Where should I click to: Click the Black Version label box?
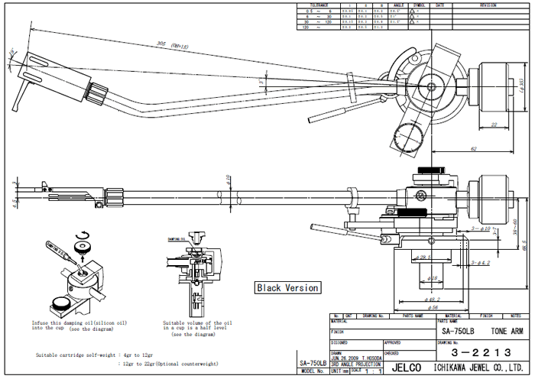click(287, 288)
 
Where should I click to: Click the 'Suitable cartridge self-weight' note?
click(95, 355)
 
